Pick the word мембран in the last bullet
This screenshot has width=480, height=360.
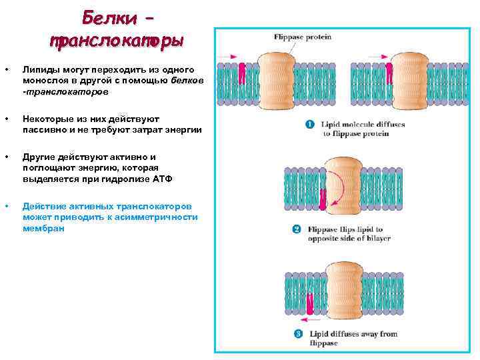(43, 228)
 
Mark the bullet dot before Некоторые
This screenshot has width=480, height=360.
(7, 119)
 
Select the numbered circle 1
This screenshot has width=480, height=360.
(310, 124)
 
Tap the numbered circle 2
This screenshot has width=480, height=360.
(297, 230)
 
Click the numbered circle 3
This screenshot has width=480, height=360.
(297, 334)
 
